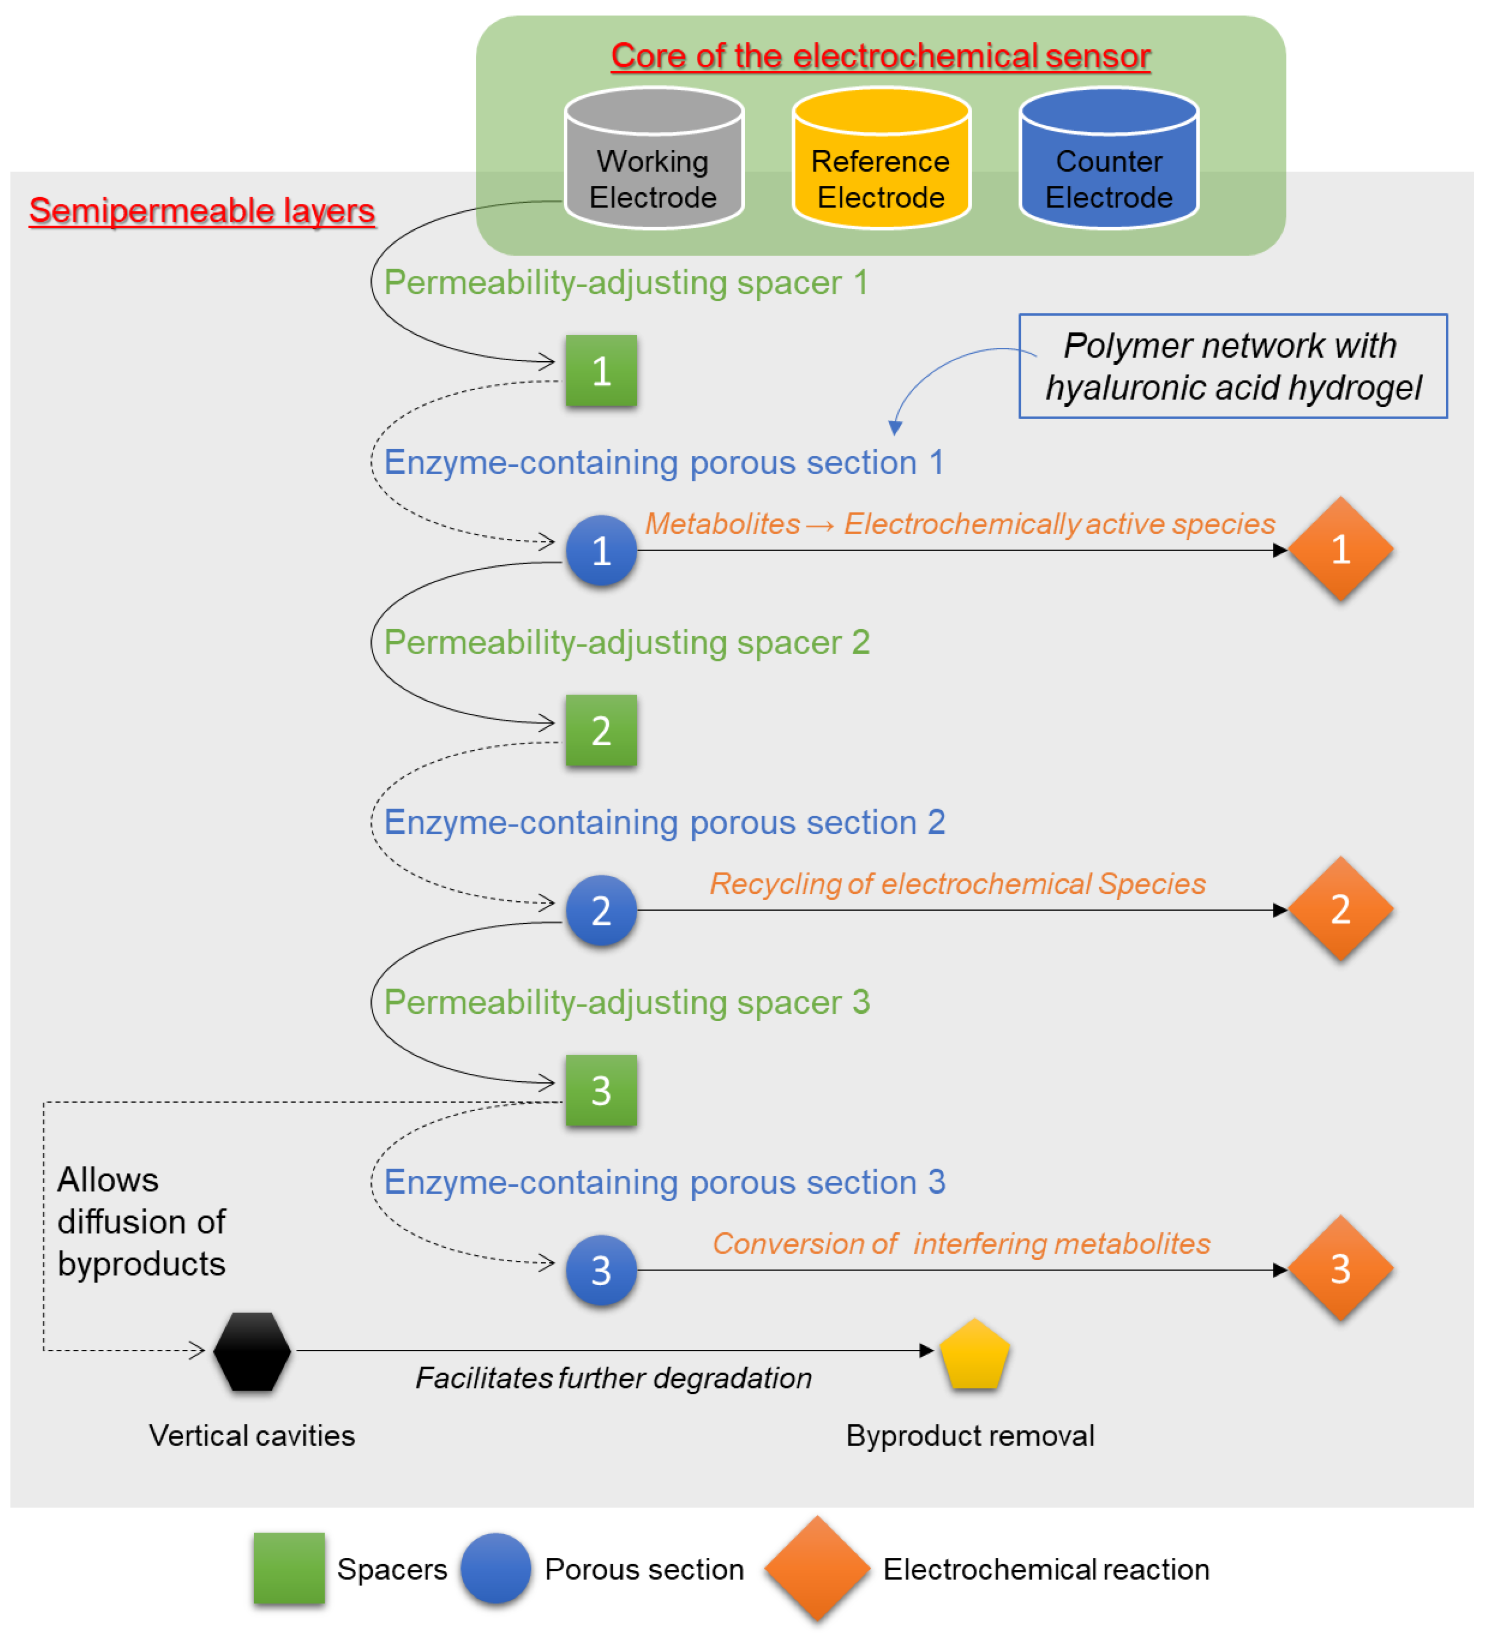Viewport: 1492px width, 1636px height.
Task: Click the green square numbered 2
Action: pyautogui.click(x=601, y=730)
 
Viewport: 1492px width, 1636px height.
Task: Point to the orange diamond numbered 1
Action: pyautogui.click(x=1340, y=550)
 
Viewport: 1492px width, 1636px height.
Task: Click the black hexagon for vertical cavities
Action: pyautogui.click(x=252, y=1351)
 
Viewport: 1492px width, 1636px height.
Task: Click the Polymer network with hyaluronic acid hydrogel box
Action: pyautogui.click(x=1232, y=366)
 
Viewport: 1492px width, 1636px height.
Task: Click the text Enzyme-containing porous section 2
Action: pyautogui.click(x=664, y=822)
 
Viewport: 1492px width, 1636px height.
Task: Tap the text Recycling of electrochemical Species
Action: pyautogui.click(x=957, y=884)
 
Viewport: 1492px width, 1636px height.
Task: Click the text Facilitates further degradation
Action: pyautogui.click(x=613, y=1378)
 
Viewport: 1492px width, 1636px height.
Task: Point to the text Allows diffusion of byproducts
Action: pyautogui.click(x=141, y=1221)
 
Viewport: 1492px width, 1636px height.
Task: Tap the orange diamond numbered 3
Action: pyautogui.click(x=1340, y=1269)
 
